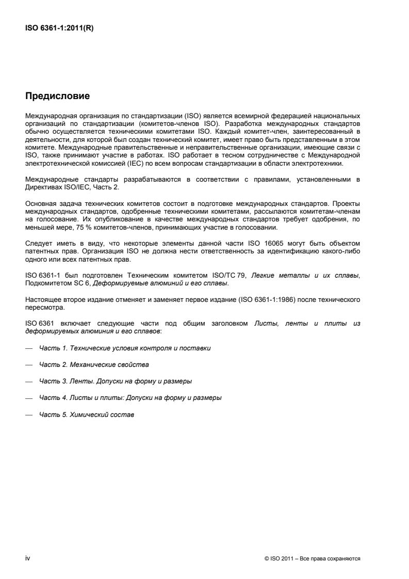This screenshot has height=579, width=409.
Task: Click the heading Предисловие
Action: (58, 95)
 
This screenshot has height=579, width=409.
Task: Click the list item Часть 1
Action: (125, 348)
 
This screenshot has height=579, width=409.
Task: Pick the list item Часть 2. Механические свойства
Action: (94, 365)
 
